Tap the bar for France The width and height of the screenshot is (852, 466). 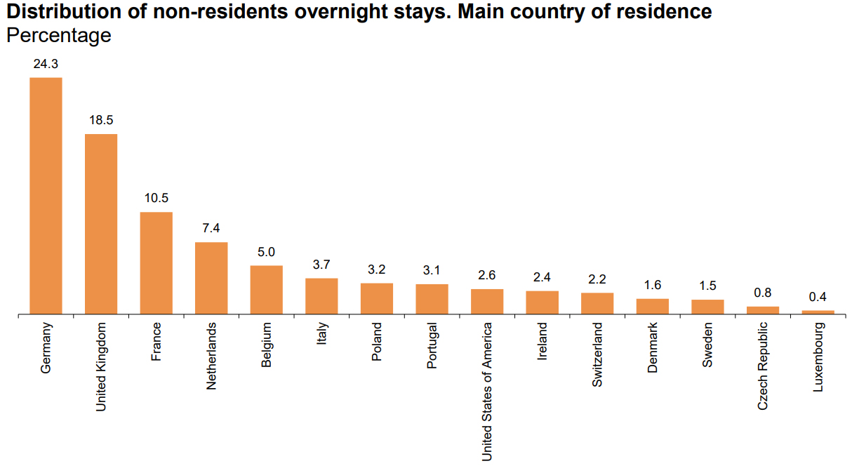[x=156, y=262]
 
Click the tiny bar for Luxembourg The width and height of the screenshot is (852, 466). [x=818, y=312]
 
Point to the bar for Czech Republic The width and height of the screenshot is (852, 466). [x=763, y=309]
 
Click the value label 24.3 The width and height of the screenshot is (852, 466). [x=46, y=64]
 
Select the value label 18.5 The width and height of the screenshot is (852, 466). [x=101, y=120]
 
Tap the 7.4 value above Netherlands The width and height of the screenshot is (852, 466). [x=211, y=228]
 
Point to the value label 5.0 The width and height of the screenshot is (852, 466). [x=267, y=252]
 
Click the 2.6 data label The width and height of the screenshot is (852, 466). [x=487, y=275]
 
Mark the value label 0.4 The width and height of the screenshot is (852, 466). [x=818, y=297]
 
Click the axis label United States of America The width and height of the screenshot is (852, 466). [x=487, y=392]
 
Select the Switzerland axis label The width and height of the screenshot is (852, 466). [x=597, y=354]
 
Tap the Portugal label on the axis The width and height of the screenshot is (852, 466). [x=432, y=345]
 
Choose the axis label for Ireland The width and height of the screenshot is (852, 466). [x=543, y=342]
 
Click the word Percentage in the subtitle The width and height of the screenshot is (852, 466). [x=59, y=35]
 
